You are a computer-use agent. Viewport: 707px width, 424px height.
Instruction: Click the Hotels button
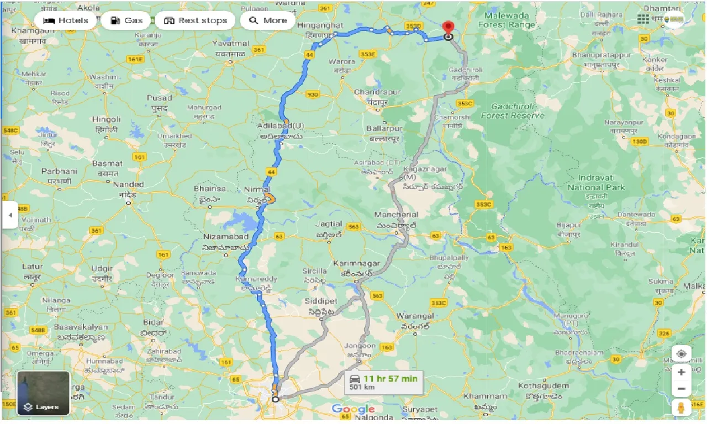(x=66, y=20)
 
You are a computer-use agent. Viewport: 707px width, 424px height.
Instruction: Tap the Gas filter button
(x=126, y=20)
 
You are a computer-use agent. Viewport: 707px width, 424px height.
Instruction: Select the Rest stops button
(x=196, y=20)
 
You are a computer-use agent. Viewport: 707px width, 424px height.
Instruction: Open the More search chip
(x=268, y=20)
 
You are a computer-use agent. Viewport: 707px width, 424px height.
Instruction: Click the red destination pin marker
(x=449, y=28)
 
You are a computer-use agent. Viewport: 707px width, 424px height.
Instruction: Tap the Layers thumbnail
(x=43, y=393)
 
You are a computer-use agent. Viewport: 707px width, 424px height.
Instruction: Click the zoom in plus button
(x=681, y=373)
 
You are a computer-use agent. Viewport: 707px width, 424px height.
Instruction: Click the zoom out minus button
(x=681, y=389)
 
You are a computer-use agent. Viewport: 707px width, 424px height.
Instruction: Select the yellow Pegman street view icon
(x=681, y=407)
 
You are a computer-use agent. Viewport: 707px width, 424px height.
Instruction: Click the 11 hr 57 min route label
(x=390, y=379)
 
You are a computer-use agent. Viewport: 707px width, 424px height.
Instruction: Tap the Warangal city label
(x=415, y=316)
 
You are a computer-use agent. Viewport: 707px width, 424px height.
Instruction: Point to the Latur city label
(x=33, y=267)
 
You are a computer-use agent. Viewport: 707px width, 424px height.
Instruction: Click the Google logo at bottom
(x=353, y=409)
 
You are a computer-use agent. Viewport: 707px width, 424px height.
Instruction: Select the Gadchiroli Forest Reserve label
(x=513, y=112)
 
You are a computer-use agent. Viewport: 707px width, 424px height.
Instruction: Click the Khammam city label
(x=485, y=396)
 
